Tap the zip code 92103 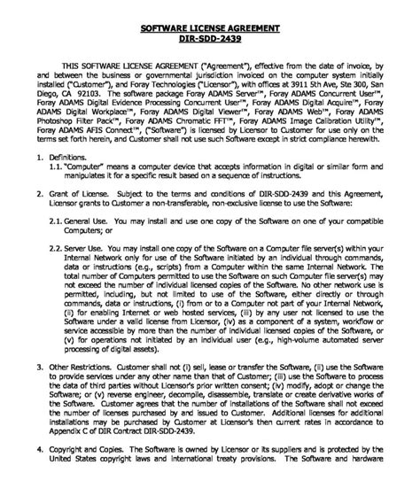pos(88,92)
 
